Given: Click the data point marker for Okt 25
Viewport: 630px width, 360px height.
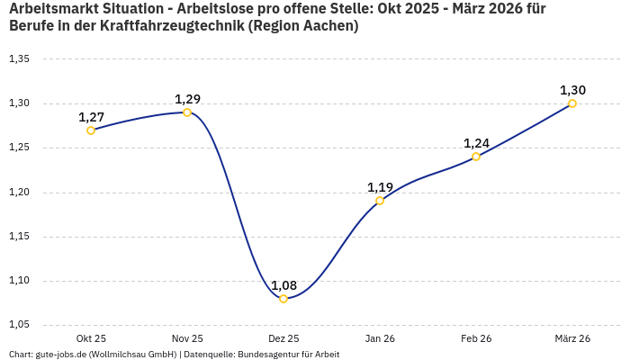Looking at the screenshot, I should pos(91,130).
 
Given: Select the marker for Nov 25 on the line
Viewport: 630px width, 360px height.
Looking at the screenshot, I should pos(187,112).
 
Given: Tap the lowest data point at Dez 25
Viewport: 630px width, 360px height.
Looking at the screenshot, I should pos(283,299).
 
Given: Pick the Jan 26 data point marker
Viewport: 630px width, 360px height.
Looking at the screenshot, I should pos(380,201).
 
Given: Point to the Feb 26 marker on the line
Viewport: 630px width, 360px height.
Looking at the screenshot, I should pos(476,157).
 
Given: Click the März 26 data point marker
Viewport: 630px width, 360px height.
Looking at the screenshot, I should pos(572,103).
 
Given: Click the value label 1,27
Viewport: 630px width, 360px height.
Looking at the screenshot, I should pos(91,117).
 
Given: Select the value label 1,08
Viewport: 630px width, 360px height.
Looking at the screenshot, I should pos(283,285).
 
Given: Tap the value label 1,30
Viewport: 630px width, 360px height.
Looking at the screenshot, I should pos(572,90).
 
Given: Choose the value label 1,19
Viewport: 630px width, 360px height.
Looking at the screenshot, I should pos(380,187).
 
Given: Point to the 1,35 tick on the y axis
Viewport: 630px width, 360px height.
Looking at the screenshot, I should pos(19,59).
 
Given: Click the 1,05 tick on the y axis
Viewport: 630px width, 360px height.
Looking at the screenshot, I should pos(19,325).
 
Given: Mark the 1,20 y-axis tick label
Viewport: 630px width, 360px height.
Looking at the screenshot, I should pos(19,193).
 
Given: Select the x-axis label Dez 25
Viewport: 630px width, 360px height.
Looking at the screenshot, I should pos(283,338).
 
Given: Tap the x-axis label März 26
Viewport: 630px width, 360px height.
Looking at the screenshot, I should pos(572,338).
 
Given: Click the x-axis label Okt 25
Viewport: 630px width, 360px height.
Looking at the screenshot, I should pos(91,338).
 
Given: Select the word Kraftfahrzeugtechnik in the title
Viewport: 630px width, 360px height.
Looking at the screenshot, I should pos(166,26).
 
